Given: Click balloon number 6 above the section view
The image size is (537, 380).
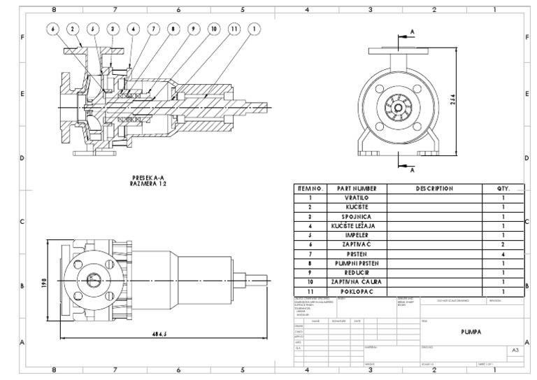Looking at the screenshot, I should tap(52, 29).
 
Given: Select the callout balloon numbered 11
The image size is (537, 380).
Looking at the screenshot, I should tap(234, 29).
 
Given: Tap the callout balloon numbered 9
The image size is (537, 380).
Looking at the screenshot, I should tap(194, 29).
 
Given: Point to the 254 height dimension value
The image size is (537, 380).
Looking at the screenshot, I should tap(452, 99).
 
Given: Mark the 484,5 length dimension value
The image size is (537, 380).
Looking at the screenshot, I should tap(161, 334).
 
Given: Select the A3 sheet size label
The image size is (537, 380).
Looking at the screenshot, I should tap(515, 349).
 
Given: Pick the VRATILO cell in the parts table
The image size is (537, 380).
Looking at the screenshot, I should tap(357, 198).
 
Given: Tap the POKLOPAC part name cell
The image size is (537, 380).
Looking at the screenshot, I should tap(357, 291).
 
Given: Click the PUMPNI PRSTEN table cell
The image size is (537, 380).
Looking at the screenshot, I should tap(357, 263).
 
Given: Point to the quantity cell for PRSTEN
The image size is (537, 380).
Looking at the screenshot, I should tap(503, 254).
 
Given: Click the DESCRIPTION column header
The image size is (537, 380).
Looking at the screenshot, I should tap(434, 188).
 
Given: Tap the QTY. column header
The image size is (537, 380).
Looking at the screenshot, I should tap(503, 188).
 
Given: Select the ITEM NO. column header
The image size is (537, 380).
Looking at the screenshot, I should tap(310, 188).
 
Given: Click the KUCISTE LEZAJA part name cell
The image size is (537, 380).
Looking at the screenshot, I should tap(357, 227).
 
